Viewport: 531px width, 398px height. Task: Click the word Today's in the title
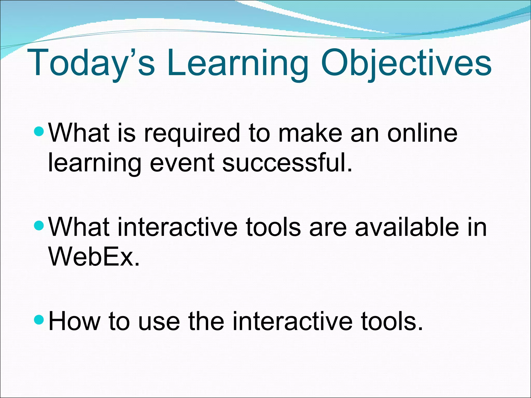[x=91, y=63]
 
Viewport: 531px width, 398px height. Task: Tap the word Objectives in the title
[x=406, y=63]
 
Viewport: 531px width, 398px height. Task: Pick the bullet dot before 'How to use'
[x=40, y=320]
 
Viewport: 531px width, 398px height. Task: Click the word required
[x=192, y=133]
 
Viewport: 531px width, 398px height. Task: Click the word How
[x=74, y=321]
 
